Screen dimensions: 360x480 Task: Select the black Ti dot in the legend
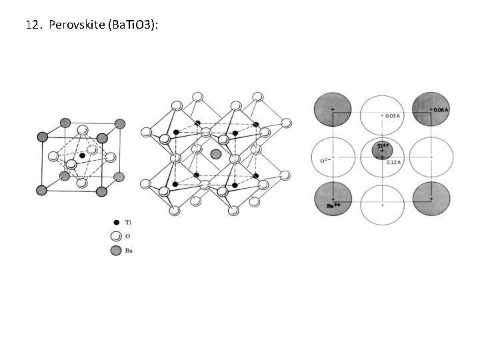[116, 221]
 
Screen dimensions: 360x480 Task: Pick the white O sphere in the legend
[116, 235]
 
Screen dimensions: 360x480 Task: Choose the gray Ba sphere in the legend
[116, 250]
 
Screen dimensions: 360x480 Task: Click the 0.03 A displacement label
[393, 115]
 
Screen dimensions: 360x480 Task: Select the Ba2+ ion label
[334, 206]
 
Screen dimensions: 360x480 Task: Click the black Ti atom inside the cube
[81, 155]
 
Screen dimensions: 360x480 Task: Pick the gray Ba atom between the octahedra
[215, 154]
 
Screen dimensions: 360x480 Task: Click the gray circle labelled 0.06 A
[430, 109]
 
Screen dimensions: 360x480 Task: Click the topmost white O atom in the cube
[83, 130]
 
